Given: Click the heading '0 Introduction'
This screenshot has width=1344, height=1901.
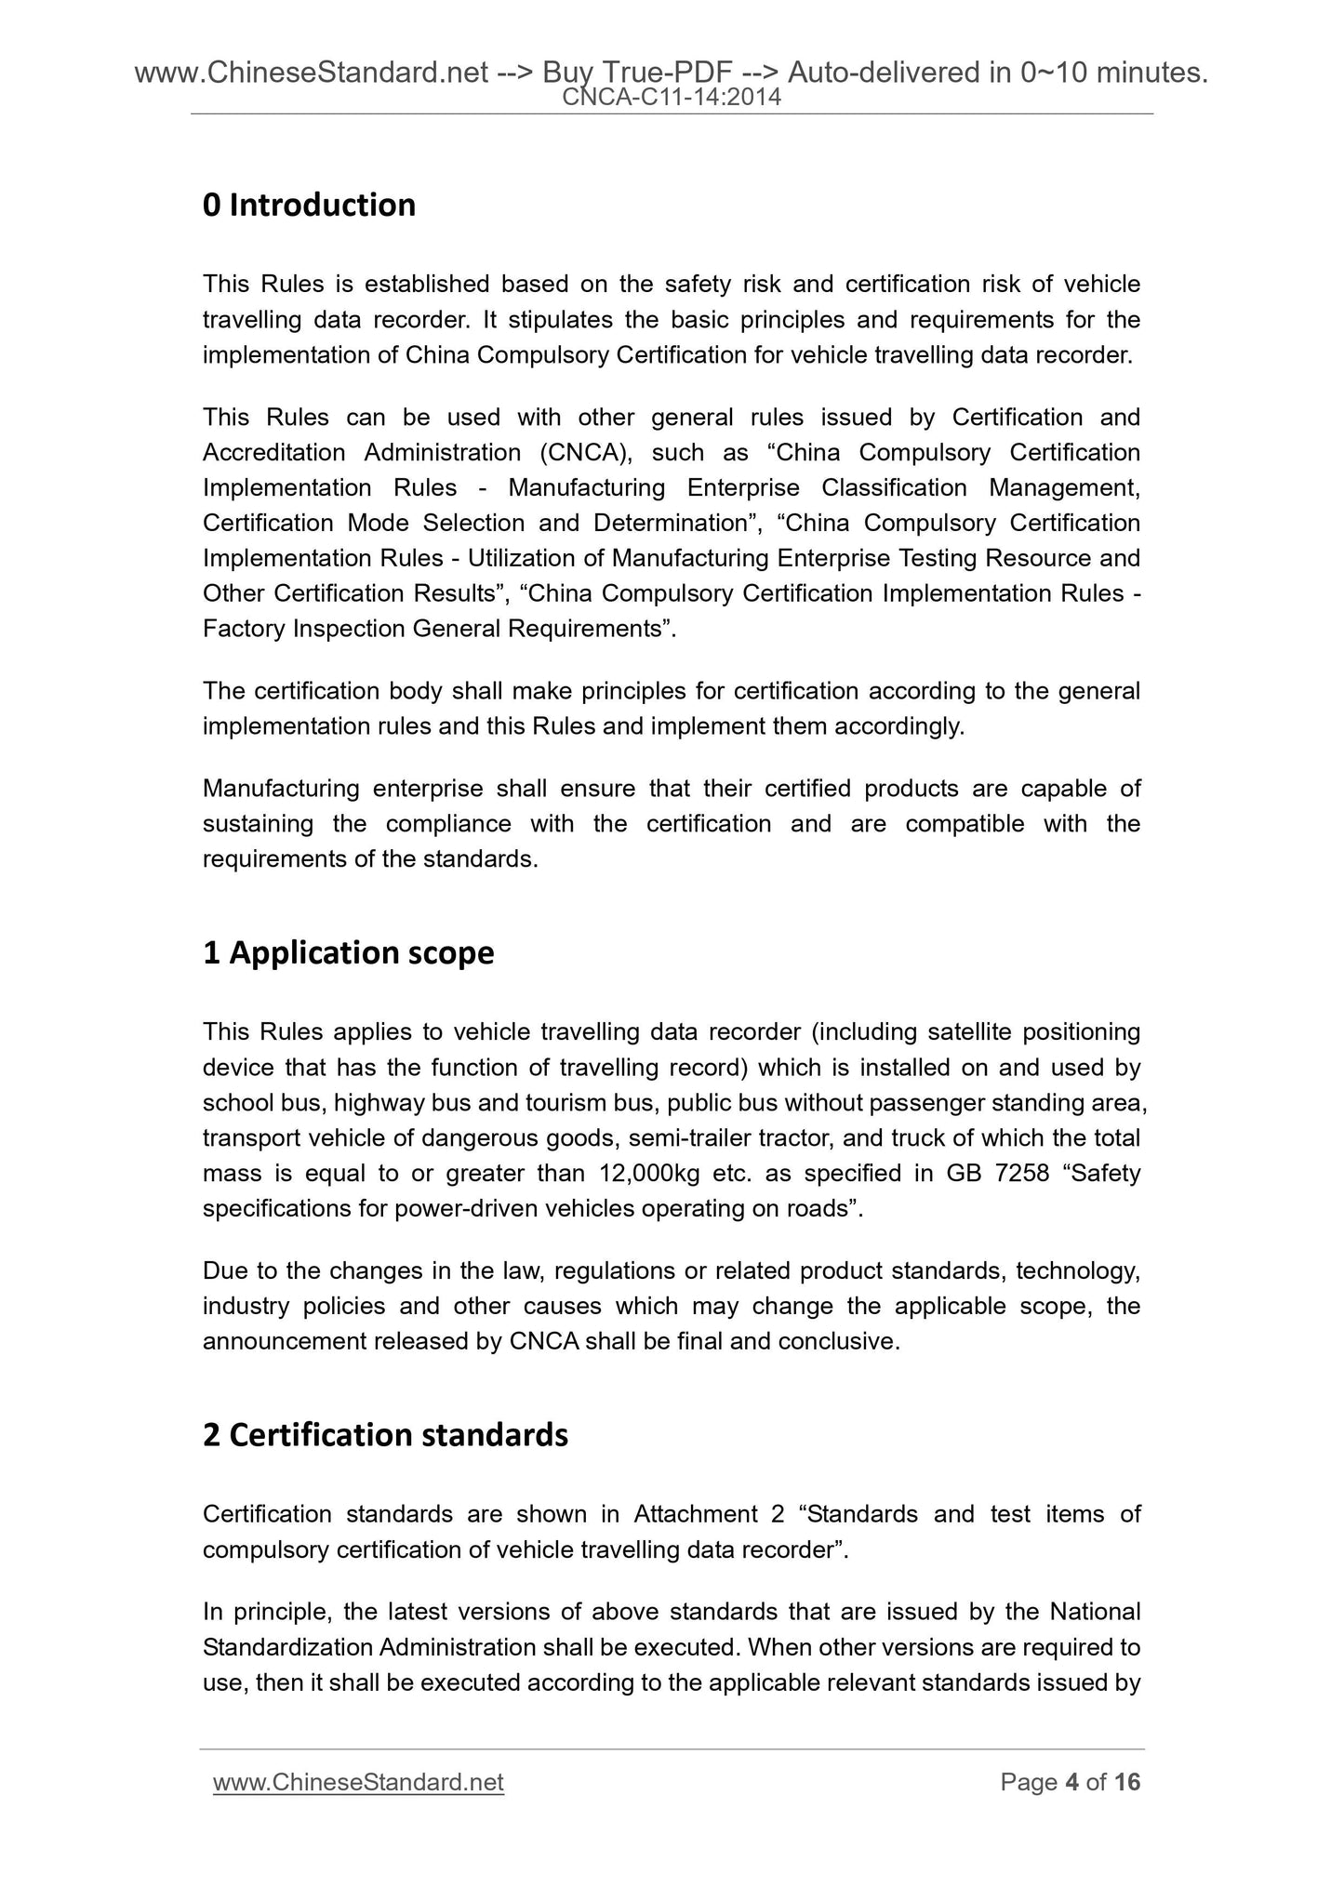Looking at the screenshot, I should click(309, 205).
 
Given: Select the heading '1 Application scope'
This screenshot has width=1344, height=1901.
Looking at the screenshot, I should click(348, 952).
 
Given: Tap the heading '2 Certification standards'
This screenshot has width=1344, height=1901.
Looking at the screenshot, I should click(385, 1435).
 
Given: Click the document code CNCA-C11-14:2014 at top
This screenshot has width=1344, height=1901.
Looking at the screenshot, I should click(672, 97).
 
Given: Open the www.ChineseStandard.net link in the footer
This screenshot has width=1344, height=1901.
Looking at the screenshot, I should click(358, 1783).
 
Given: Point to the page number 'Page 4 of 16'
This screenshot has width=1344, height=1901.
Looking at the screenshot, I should click(1070, 1783).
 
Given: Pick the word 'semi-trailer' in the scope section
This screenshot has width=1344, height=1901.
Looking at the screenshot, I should click(689, 1138).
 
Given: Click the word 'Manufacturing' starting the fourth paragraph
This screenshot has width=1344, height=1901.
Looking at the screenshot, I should click(279, 789).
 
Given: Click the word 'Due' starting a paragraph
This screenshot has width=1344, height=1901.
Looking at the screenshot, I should click(223, 1271).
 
